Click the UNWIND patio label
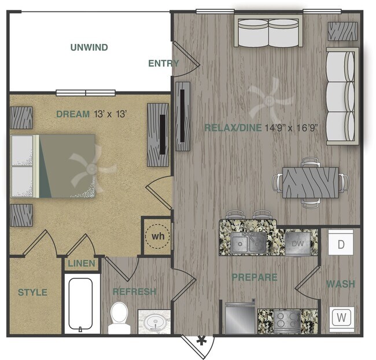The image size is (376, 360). click(89, 47)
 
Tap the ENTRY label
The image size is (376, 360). click(164, 64)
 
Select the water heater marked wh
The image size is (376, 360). click(157, 236)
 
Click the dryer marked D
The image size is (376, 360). click(341, 244)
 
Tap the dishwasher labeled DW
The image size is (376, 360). click(298, 244)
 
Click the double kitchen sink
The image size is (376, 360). click(249, 243)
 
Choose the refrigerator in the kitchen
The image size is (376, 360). click(239, 318)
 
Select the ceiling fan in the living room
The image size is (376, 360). click(270, 101)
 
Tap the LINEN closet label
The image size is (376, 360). click(81, 263)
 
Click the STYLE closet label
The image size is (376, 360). click(32, 292)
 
